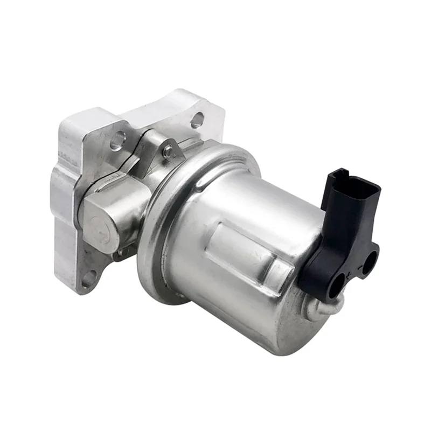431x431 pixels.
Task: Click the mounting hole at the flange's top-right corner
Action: (197, 120)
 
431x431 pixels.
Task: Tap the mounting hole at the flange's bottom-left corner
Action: (88, 279)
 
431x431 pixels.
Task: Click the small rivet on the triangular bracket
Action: (168, 152)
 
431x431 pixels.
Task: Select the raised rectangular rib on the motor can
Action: (245, 253)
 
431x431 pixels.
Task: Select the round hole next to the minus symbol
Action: (370, 263)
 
